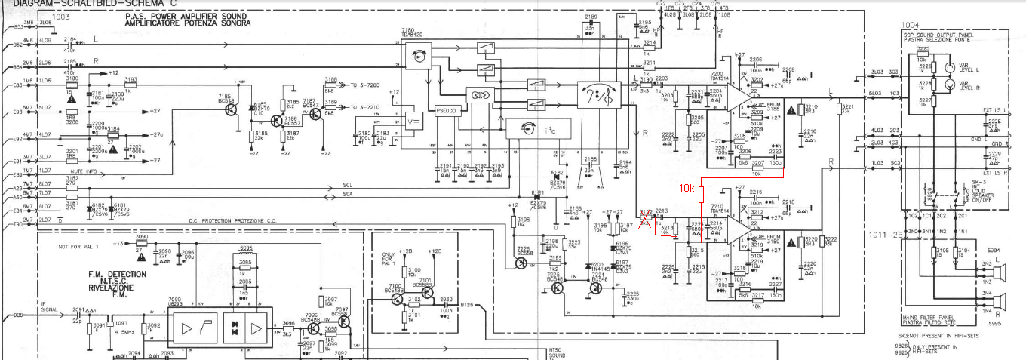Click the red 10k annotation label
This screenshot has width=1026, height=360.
(x=686, y=187)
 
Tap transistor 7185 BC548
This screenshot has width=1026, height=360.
(x=231, y=109)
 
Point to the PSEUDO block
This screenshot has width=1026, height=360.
(x=445, y=111)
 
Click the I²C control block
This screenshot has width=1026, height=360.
(x=528, y=130)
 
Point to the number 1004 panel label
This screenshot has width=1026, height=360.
(x=911, y=24)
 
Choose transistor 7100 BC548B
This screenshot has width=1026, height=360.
(x=398, y=299)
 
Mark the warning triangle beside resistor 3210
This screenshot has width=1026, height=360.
(x=790, y=110)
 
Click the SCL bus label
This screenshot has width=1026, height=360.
(x=347, y=185)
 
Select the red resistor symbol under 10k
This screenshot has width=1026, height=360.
(x=702, y=195)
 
